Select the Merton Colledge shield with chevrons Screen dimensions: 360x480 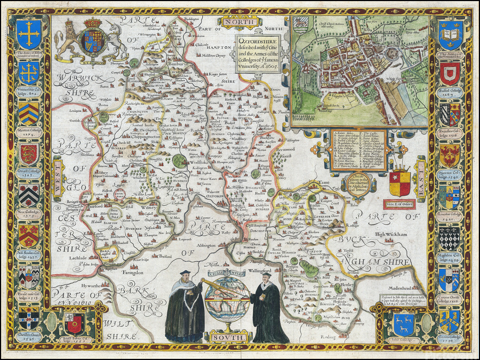[x=28, y=113]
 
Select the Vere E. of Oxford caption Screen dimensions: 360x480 [x=399, y=203]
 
